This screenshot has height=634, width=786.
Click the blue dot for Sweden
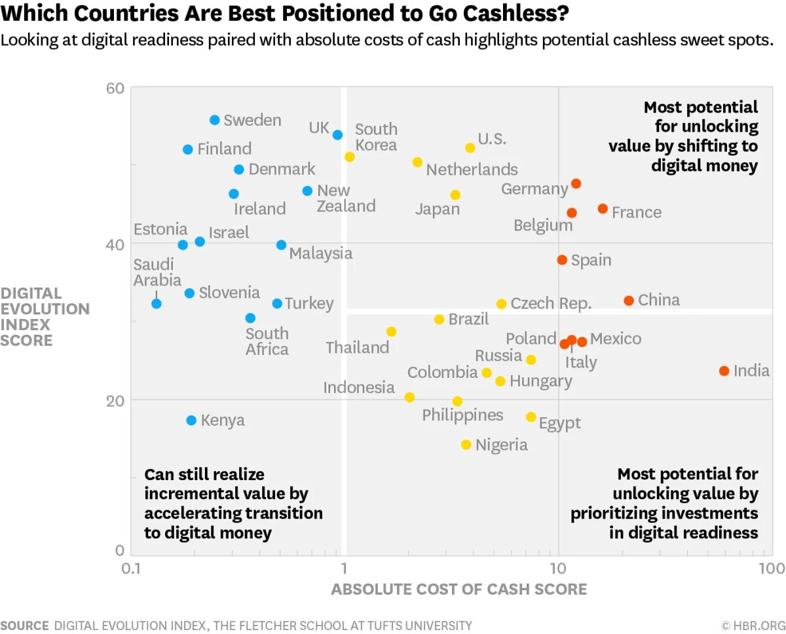tap(215, 120)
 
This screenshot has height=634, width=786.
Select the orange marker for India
tap(724, 371)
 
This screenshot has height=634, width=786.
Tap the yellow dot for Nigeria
tap(466, 445)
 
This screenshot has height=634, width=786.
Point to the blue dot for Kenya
tap(191, 420)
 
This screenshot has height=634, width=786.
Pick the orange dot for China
tap(629, 301)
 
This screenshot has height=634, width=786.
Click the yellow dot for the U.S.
tap(470, 148)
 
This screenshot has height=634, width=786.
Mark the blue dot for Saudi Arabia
tap(157, 304)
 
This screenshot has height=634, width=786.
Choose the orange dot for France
tap(603, 209)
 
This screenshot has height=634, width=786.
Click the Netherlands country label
tap(472, 170)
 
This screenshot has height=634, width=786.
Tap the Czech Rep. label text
tap(551, 304)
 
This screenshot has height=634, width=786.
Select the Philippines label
tap(462, 415)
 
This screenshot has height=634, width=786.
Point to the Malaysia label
tap(320, 253)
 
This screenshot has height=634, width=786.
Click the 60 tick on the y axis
tap(115, 88)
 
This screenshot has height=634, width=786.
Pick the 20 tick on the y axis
tap(115, 400)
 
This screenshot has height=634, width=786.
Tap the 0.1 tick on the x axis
tap(131, 567)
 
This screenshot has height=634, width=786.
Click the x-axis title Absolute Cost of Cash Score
tap(458, 589)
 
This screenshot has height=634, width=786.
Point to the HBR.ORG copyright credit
tap(753, 625)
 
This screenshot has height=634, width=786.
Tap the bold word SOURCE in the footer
tap(24, 625)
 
